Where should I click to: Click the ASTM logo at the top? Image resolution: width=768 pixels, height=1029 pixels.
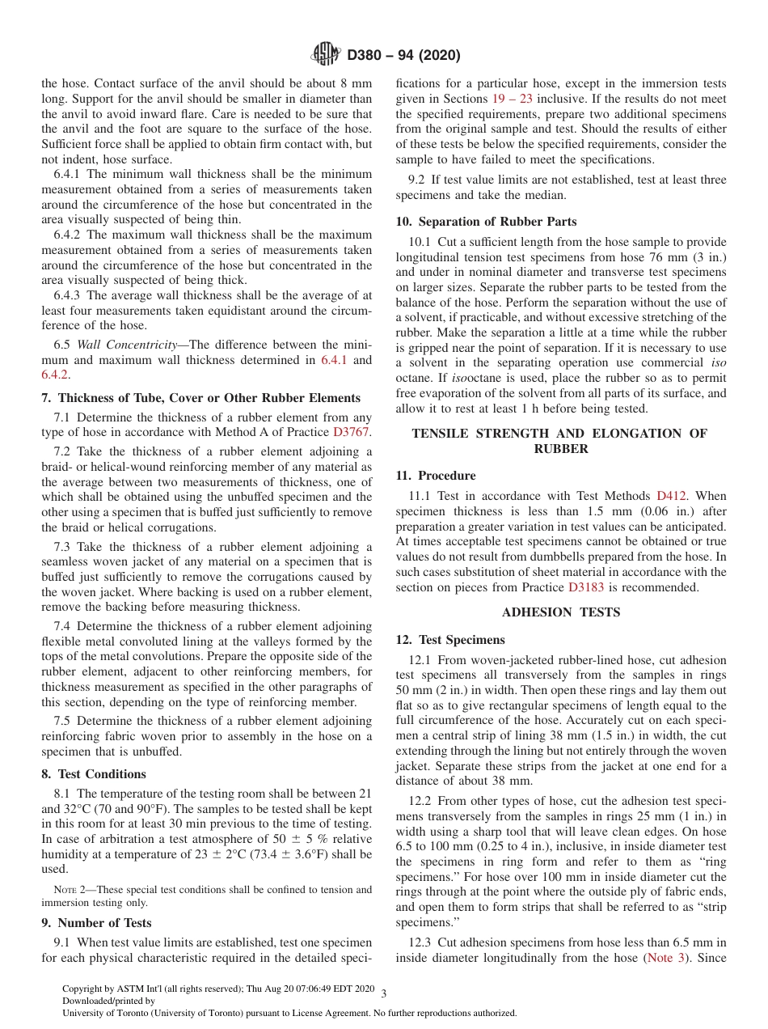[x=327, y=55]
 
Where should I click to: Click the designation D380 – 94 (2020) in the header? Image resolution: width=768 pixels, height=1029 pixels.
[x=403, y=56]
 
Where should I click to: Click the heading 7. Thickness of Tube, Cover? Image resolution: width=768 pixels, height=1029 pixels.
[x=200, y=398]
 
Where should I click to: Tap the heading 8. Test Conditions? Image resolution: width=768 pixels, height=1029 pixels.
[x=94, y=774]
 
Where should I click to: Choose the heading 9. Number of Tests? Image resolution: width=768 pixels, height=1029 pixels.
[x=96, y=923]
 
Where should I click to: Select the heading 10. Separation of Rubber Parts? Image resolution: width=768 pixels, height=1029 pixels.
[x=486, y=222]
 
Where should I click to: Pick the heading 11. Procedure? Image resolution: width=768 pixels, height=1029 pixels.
[x=436, y=476]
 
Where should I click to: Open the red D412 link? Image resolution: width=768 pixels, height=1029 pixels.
[x=670, y=496]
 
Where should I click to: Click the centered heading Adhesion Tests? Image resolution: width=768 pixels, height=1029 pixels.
[x=560, y=612]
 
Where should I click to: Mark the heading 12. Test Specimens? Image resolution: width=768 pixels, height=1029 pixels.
[x=450, y=640]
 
